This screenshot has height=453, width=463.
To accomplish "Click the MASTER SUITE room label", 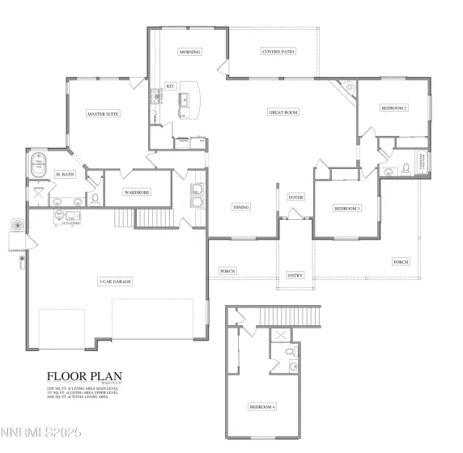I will point(103,114).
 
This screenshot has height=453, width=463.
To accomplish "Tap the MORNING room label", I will point(190,52).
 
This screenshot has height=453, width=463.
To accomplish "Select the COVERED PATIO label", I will point(278,52).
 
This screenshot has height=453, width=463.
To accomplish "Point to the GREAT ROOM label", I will point(283,112).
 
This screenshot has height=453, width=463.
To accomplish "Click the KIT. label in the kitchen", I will point(170,86).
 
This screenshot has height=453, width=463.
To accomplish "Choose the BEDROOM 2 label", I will point(394,108).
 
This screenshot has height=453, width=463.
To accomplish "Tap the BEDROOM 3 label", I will point(347,208).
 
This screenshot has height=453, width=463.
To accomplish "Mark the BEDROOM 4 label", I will point(262,407).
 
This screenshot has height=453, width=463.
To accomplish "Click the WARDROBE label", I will point(134,193).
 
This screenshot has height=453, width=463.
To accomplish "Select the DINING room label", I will point(241,207).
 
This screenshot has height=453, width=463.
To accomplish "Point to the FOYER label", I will point(296,197).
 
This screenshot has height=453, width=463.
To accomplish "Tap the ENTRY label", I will point(295,275).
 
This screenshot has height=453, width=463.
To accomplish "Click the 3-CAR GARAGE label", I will point(115,282).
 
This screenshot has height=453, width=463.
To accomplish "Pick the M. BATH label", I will point(65,175).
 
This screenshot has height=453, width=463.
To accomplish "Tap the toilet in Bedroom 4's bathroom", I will point(293,353).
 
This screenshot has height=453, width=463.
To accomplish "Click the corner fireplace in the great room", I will point(350,90).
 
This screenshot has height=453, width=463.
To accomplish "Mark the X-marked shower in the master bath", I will point(38,195).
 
